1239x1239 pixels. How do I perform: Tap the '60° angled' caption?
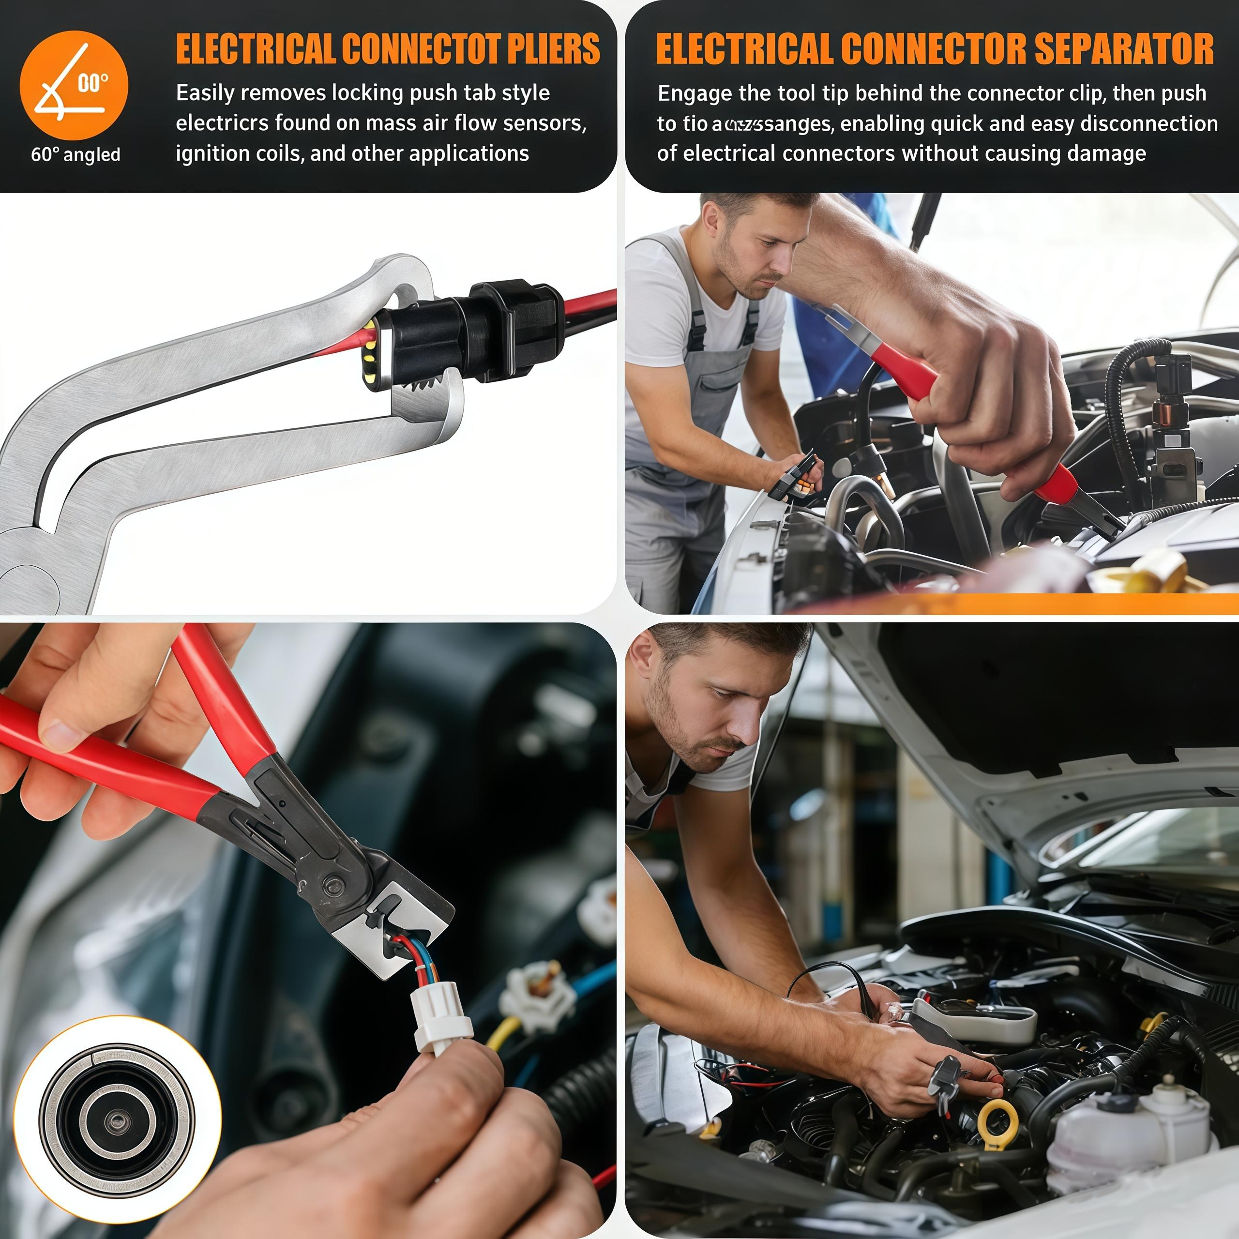[76, 154]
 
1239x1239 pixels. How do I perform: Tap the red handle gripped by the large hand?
[898, 372]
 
